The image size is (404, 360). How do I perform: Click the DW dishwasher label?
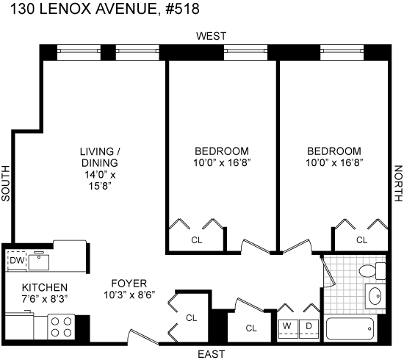pos(17,261)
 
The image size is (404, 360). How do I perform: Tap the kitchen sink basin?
pos(39,262)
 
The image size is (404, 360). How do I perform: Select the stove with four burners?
pos(61,327)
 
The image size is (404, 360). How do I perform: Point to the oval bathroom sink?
pos(375,296)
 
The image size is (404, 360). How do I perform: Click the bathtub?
pos(350,329)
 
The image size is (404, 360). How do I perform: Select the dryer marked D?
pos(309,329)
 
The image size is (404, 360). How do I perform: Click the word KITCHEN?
pos(45,287)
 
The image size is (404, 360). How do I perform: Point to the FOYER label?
pos(129,284)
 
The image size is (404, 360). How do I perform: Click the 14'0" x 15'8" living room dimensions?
pos(100,181)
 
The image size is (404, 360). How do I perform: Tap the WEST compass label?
pos(212,36)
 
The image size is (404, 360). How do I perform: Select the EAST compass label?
pos(212,354)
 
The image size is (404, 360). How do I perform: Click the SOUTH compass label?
pos(5,183)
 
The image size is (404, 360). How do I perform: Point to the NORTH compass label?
pos(398,183)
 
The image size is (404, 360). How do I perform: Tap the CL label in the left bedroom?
pos(197,240)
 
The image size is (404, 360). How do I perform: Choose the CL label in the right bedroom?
pos(361,240)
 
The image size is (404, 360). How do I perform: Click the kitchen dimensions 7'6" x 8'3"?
pos(45,299)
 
